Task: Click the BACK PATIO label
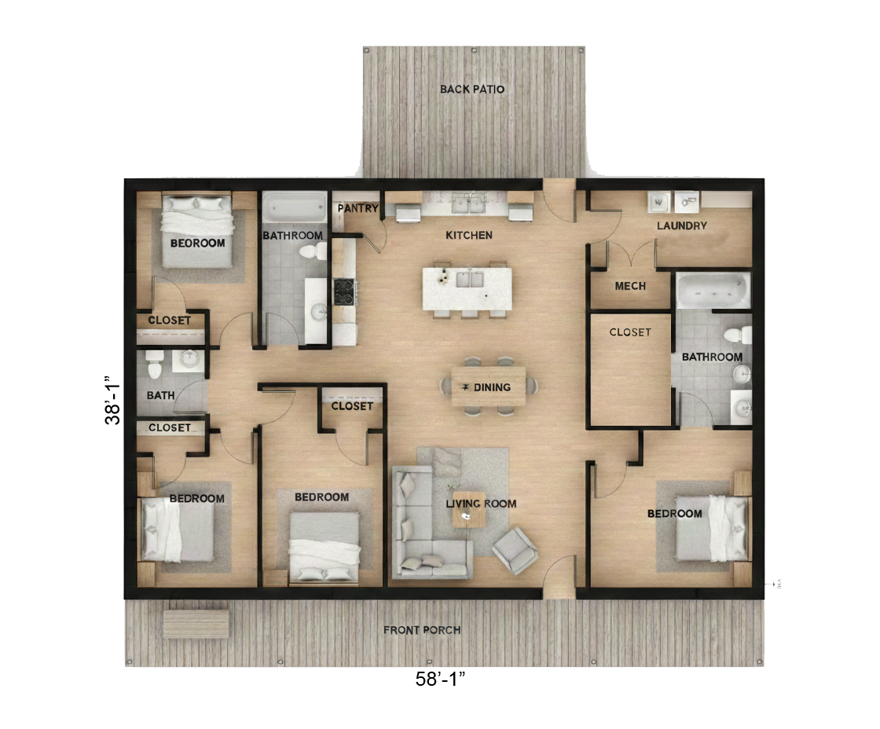(472, 90)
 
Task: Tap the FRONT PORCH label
(422, 630)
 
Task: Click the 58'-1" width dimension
(441, 679)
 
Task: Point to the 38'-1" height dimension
(113, 400)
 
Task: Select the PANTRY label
(358, 209)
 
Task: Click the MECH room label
(630, 286)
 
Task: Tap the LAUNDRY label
(682, 225)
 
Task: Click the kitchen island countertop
(467, 288)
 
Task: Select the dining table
(488, 386)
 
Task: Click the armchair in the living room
(514, 550)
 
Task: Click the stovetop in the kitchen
(344, 291)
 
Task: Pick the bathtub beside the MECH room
(713, 290)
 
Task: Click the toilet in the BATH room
(154, 364)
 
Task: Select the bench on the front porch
(196, 623)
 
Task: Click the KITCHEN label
(469, 235)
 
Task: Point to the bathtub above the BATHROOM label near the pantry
(295, 207)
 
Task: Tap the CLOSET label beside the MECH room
(630, 332)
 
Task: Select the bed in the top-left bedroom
(197, 231)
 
